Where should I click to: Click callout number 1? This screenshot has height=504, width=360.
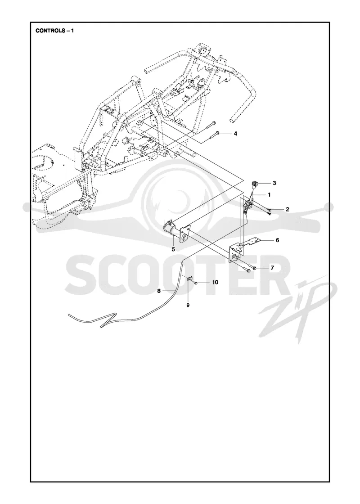pos(269,195)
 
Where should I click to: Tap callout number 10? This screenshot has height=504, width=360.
pos(215,283)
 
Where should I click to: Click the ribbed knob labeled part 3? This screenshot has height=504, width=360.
pos(255,184)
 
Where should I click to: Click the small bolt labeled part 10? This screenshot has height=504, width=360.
pos(195,283)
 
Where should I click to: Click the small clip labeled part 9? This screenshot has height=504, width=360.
pos(189,277)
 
